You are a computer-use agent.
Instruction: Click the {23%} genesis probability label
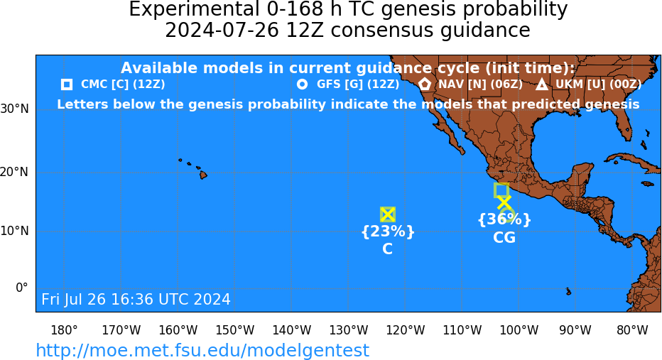tap(388, 231)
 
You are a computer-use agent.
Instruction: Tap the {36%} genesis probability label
tap(504, 219)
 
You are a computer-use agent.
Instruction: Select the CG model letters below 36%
tap(504, 238)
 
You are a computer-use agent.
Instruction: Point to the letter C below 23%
tap(387, 249)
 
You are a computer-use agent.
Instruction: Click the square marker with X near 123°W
tap(388, 215)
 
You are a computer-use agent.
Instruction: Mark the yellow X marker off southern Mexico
tap(504, 202)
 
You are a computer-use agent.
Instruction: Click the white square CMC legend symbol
tap(66, 84)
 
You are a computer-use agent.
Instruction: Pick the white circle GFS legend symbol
tap(302, 84)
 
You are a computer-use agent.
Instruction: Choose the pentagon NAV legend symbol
tap(425, 84)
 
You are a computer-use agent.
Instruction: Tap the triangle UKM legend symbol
tap(542, 84)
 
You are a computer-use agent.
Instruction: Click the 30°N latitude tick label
tap(15, 109)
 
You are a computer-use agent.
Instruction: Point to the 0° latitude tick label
tap(22, 288)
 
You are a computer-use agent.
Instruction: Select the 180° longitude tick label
tap(64, 330)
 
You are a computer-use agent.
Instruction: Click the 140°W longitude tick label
tap(292, 330)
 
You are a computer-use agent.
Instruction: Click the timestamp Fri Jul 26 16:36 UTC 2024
tap(136, 299)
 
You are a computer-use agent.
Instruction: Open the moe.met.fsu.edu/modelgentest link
tap(202, 351)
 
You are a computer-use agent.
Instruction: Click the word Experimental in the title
tap(194, 10)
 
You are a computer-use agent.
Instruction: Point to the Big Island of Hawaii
tap(203, 174)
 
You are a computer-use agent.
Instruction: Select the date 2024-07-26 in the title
tap(222, 31)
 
